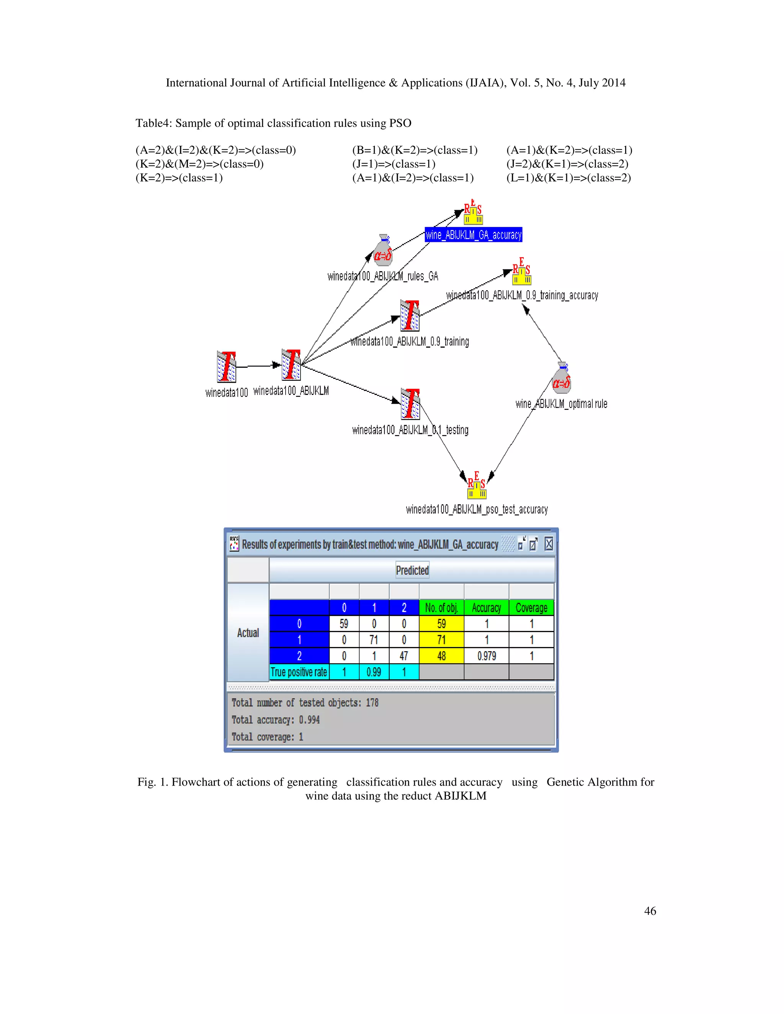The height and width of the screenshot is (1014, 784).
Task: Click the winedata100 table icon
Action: point(226,367)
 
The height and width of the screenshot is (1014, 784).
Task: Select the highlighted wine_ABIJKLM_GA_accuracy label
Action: point(473,235)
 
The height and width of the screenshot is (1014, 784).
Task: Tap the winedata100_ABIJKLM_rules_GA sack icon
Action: point(383,250)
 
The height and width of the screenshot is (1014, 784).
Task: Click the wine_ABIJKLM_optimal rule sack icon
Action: point(562,378)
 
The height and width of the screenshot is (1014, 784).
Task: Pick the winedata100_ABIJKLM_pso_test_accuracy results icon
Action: point(477,486)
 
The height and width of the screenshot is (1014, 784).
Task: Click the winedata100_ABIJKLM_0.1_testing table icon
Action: point(410,404)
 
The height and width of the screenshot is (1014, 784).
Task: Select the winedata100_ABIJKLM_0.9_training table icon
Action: point(410,315)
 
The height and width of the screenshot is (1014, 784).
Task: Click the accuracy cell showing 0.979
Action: point(486,656)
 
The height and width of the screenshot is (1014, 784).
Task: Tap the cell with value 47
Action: point(403,656)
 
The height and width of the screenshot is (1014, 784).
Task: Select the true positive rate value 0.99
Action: point(374,672)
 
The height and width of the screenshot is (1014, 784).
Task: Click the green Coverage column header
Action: point(531,608)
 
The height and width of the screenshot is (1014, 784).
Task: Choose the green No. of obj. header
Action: point(441,608)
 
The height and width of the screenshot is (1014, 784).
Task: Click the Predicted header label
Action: point(412,570)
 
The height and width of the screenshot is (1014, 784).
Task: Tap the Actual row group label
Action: point(248,633)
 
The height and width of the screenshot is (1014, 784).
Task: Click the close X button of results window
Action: point(549,544)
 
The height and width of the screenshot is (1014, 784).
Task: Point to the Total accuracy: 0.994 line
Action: point(276,720)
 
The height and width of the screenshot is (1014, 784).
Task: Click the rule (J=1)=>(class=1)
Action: point(394,164)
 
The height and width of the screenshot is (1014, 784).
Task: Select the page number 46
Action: point(650,911)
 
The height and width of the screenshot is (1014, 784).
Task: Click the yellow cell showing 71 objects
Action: point(441,640)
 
